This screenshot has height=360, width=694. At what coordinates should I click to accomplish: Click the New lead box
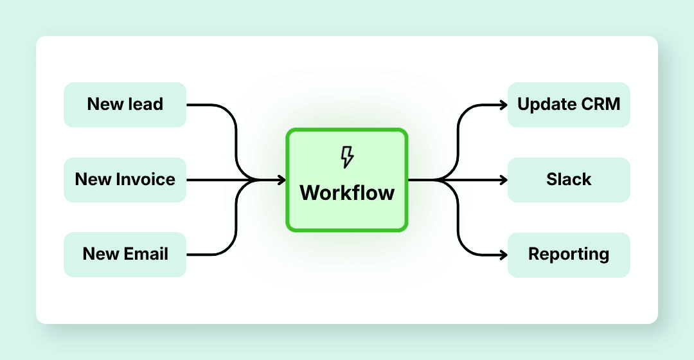pos(125,105)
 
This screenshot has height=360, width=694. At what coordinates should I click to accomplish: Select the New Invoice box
pos(125,179)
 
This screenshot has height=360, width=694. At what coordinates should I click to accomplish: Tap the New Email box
pos(125,255)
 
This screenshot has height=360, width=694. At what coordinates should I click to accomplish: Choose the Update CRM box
pos(569,105)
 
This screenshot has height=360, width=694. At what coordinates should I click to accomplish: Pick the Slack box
pos(569,179)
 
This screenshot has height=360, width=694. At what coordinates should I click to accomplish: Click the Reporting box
pos(569,255)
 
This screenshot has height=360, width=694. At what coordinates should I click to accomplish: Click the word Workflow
pos(347,192)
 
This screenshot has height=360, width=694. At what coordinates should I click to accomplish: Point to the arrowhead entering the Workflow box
pos(281,181)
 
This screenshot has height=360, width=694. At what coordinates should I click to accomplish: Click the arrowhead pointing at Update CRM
pos(503,105)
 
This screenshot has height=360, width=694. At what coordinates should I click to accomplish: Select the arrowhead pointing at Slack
pos(503,181)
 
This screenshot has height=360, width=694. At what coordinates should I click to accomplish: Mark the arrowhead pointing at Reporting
pos(503,255)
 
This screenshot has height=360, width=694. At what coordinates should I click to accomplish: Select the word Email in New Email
pos(145,254)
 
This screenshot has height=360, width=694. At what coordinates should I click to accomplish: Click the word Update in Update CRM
pos(546,104)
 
